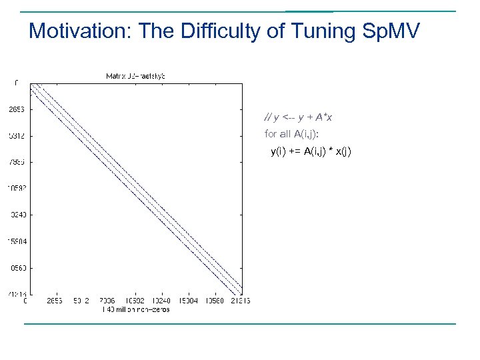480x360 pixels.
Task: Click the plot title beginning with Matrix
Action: point(135,76)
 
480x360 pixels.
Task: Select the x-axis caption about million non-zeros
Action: point(135,309)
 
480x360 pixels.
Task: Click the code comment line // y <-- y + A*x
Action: point(298,117)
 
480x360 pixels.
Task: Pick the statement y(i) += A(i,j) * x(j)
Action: point(310,151)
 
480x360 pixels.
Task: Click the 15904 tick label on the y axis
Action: point(16,241)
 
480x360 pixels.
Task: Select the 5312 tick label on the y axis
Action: point(16,135)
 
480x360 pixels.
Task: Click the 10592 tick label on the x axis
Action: point(135,301)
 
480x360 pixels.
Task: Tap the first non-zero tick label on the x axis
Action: point(55,301)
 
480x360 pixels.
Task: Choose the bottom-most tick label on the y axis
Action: point(16,294)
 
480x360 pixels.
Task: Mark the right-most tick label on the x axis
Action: point(239,301)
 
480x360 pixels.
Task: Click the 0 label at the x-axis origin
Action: point(25,301)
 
